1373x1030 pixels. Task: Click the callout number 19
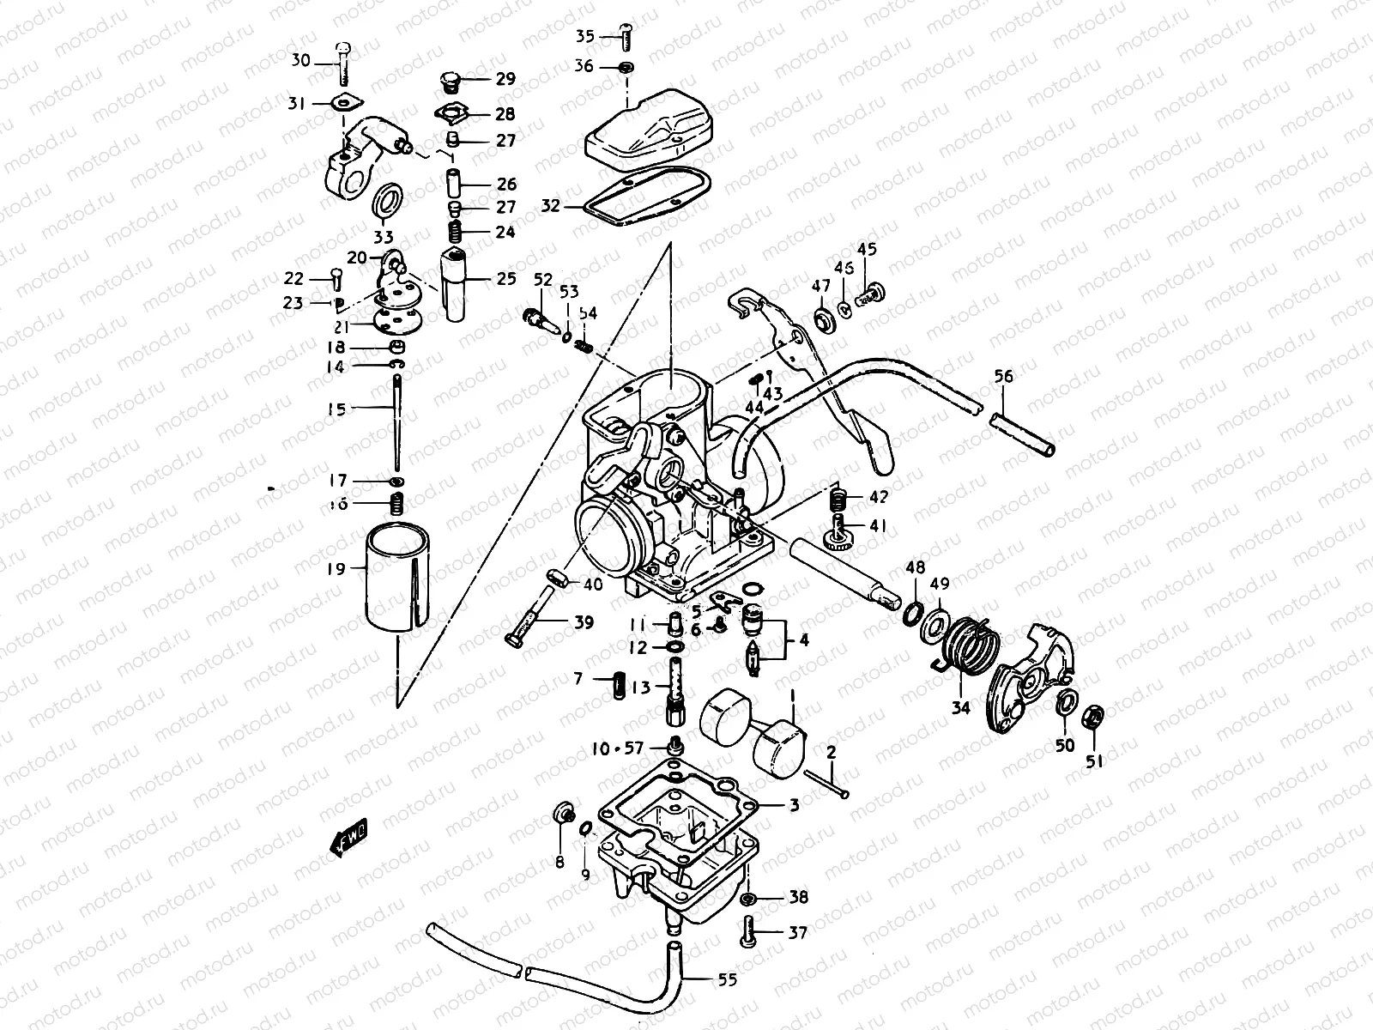pos(336,568)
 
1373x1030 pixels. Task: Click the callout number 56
pos(1003,376)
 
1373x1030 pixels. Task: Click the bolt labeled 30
pos(343,60)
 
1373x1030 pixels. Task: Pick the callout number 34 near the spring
pos(960,708)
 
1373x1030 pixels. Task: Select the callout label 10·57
pos(617,748)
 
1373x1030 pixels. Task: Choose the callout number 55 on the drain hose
pos(727,979)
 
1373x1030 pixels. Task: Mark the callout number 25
pos(506,278)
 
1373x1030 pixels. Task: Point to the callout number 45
pos(867,250)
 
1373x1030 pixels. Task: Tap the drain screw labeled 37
pos(750,932)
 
